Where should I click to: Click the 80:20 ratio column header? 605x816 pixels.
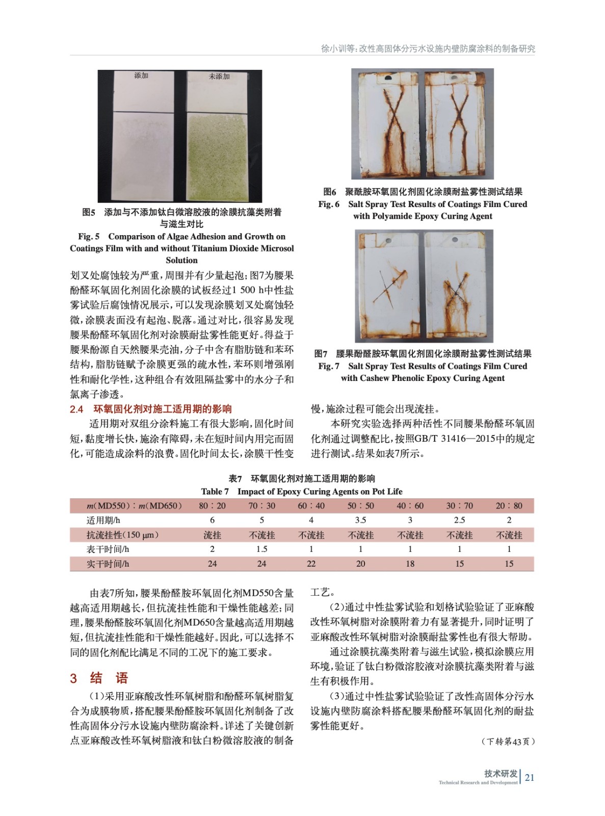pos(212,506)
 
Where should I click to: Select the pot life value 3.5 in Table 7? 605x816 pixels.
pos(360,520)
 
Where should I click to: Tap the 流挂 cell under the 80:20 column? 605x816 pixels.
pos(212,535)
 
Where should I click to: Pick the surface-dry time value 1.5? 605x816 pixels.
pos(261,549)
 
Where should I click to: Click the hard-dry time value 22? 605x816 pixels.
pos(311,564)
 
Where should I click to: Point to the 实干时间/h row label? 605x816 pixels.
pos(108,564)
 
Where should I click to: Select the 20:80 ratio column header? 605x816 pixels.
pos(509,506)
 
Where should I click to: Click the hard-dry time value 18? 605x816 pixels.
pos(410,564)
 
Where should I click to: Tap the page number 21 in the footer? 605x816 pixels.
pos(530,777)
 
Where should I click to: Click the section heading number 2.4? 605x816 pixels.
pos(76,409)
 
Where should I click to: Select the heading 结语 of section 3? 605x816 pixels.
pos(109,678)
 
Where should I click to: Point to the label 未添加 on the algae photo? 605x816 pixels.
pos(219,76)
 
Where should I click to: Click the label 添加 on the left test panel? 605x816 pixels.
pos(141,75)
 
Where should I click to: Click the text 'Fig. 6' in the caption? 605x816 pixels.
pos(329,204)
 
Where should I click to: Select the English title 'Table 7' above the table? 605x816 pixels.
pos(215,492)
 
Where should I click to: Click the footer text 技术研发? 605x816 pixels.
pos(501,773)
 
